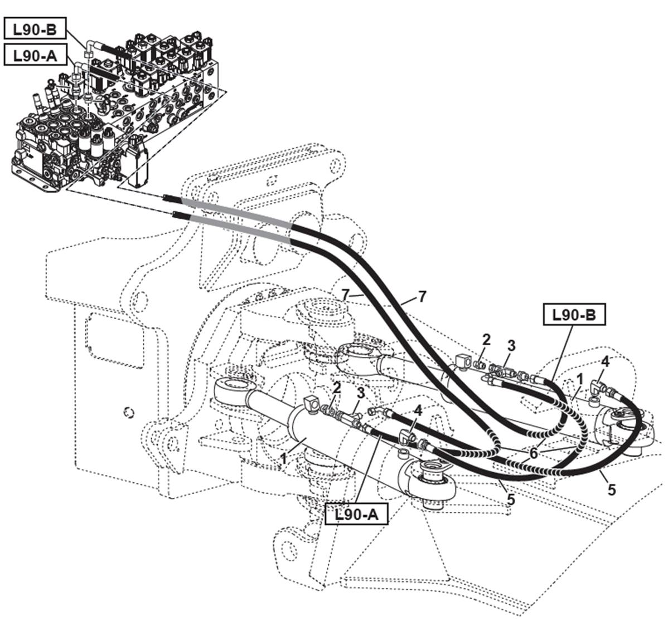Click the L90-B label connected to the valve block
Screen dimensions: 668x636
[x=35, y=30]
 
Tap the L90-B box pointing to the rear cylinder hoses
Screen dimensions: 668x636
[x=574, y=315]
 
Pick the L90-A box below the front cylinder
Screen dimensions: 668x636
[x=356, y=514]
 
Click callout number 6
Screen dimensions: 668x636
[x=534, y=453]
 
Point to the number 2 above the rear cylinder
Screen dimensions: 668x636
[x=487, y=340]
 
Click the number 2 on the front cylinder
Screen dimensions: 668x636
[x=337, y=388]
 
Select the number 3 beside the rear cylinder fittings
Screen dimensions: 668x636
[x=511, y=345]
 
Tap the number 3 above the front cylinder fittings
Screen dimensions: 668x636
[x=361, y=393]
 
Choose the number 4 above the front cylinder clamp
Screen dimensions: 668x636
[x=418, y=410]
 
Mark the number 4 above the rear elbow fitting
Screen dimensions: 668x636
[x=605, y=361]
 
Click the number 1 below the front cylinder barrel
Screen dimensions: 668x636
[x=284, y=458]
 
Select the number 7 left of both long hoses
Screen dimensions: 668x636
[x=346, y=293]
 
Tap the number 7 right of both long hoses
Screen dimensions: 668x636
[x=422, y=296]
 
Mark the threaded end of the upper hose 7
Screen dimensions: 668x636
[x=170, y=198]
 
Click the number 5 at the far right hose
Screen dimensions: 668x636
[x=611, y=490]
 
